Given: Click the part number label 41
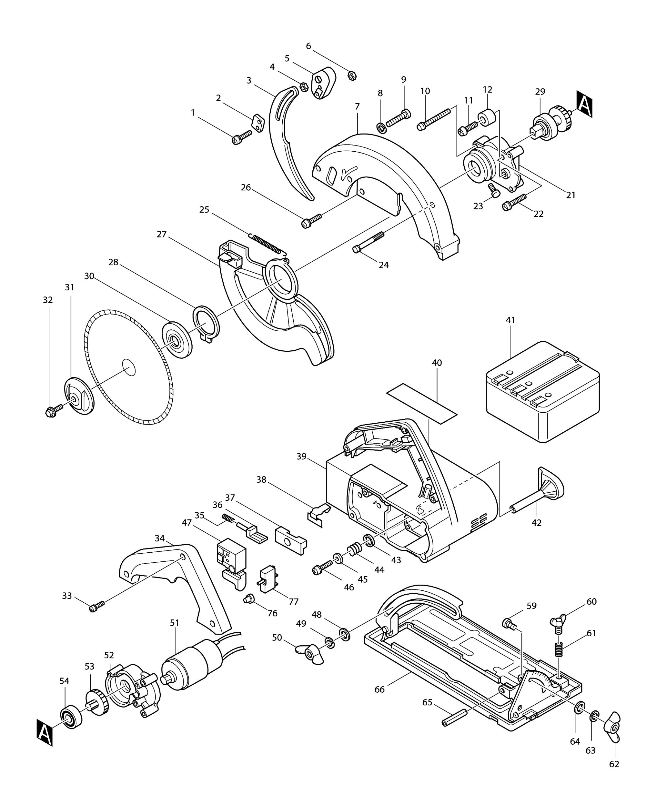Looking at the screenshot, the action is tap(510, 320).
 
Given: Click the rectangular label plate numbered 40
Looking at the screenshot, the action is tap(422, 403).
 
